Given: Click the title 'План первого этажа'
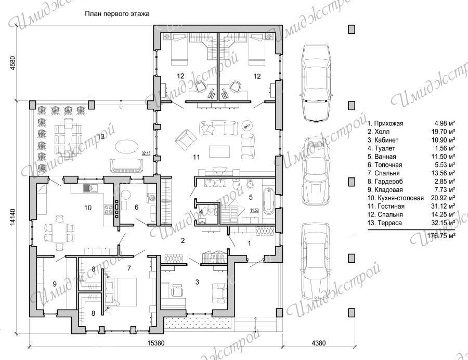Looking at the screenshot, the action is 116,14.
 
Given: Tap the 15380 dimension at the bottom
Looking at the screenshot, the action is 156,343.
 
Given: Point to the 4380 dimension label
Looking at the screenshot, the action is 319,343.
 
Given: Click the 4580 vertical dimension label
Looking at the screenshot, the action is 12,63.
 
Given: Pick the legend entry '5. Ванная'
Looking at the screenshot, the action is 382,157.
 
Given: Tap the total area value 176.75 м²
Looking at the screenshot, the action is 441,236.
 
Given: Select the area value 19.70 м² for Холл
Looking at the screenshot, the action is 445,132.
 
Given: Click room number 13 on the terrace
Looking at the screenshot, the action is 101,137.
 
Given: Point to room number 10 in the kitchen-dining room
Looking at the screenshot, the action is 88,208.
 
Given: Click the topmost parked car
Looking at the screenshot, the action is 316,83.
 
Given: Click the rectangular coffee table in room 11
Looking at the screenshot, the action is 219,151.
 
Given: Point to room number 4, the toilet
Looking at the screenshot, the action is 201,212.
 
